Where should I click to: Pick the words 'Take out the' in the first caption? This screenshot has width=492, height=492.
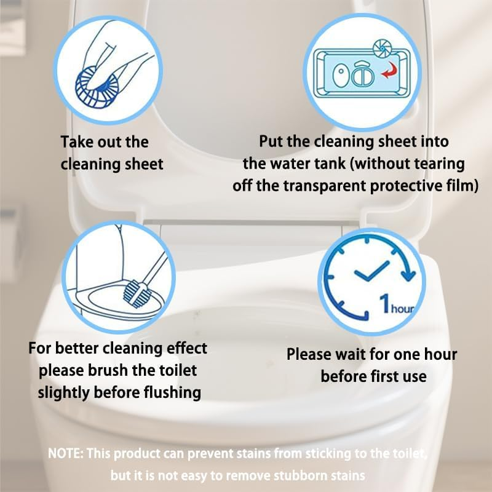click(104, 142)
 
